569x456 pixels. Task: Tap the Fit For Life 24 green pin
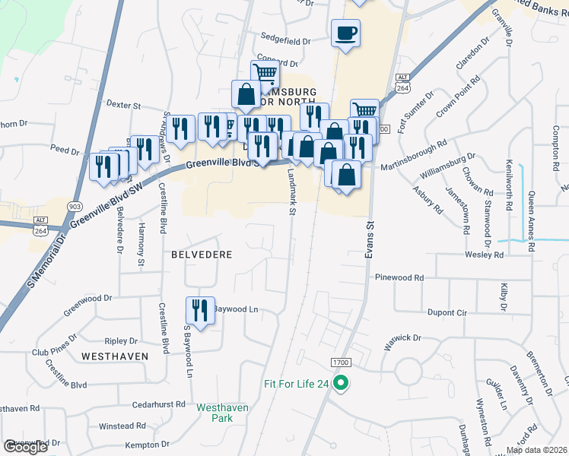coord(342,384)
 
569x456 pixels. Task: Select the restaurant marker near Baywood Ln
coord(200,310)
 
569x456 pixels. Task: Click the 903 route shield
coord(74,207)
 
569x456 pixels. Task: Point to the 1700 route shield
coord(340,363)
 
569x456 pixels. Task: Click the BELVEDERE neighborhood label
coord(202,255)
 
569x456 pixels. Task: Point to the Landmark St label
coord(291,192)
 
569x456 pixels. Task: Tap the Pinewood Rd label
coord(399,278)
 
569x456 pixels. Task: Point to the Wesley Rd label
coord(488,255)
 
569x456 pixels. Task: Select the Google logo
coord(26,447)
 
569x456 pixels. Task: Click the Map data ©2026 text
coord(536,450)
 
